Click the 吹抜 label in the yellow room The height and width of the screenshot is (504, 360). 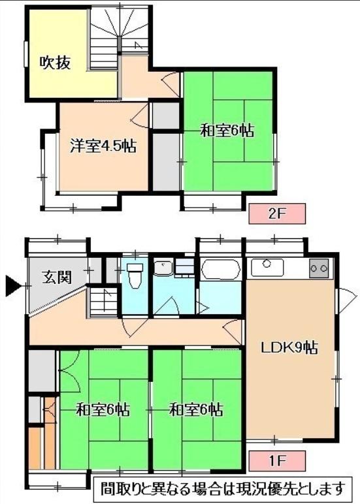tap(55, 63)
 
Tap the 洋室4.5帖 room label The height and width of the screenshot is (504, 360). tap(103, 146)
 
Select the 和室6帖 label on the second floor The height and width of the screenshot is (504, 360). tap(227, 131)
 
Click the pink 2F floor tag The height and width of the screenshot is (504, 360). tap(277, 213)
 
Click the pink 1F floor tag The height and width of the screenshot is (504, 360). tap(277, 461)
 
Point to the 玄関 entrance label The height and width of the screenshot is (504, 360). tap(57, 277)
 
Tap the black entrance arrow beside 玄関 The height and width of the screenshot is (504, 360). tap(13, 286)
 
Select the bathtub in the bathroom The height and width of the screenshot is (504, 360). tap(220, 270)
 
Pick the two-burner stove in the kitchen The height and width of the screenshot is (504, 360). tap(319, 268)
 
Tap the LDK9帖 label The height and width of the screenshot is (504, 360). tap(289, 347)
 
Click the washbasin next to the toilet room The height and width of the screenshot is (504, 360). tap(163, 268)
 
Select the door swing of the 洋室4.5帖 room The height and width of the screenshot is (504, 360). tap(140, 116)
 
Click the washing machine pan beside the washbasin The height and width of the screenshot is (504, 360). tap(184, 268)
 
